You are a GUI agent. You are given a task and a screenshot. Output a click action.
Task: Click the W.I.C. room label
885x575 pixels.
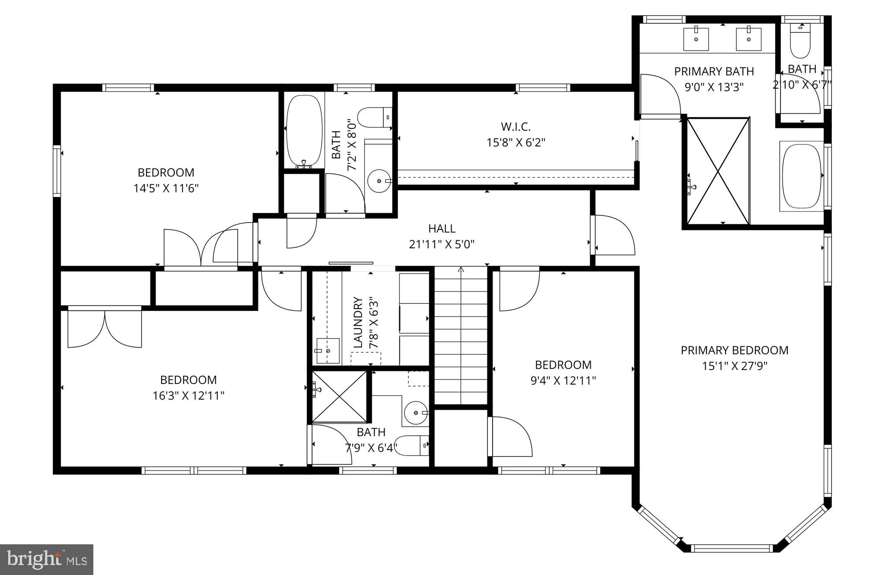(516, 127)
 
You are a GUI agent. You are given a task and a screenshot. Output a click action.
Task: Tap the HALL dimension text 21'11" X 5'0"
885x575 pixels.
(442, 245)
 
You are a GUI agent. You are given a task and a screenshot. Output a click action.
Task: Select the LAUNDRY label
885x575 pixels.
(358, 322)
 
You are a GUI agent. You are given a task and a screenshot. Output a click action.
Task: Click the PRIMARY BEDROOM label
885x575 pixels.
(734, 350)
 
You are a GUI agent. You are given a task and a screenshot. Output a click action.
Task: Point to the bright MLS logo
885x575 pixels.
(47, 559)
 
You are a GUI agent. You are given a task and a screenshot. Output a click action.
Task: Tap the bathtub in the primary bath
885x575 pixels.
(802, 176)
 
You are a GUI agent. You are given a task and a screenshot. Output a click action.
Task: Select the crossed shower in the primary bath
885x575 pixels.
(718, 171)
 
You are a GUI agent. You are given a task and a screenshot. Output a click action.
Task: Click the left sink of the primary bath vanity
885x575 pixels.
(696, 39)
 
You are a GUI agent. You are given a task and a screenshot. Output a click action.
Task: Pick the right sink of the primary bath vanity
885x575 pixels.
(748, 39)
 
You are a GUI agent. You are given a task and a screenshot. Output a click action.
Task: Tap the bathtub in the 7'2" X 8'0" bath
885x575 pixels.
(304, 131)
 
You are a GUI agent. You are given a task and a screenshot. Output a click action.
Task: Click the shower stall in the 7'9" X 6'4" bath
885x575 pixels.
(339, 396)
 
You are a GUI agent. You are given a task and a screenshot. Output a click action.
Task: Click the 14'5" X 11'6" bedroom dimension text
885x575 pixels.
(166, 188)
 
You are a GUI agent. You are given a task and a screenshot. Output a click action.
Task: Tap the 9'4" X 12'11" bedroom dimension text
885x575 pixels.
(563, 381)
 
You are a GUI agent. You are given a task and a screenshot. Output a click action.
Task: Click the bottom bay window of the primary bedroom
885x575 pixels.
(731, 548)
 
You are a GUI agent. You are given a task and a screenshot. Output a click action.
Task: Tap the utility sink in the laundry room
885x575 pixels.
(328, 351)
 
